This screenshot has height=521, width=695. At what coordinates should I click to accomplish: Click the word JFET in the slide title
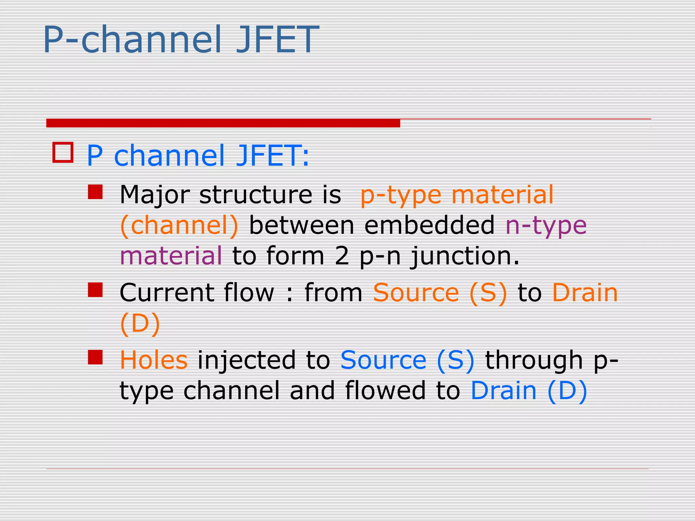pos(277,39)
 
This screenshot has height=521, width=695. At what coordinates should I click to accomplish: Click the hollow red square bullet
pos(63,153)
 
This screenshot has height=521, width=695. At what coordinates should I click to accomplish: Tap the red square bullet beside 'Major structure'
pos(95,192)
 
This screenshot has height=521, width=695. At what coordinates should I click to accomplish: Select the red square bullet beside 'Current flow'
pos(95,290)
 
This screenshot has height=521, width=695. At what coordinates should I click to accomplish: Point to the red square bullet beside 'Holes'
pos(95,357)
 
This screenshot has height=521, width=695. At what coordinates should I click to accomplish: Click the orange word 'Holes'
pos(153,360)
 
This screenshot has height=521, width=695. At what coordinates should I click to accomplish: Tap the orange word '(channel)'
pos(180,226)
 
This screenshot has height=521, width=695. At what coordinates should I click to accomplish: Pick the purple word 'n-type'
pos(546,226)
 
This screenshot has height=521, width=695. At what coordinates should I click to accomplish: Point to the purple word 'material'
pos(171,256)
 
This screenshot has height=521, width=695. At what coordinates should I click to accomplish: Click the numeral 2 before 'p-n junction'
pos(342,256)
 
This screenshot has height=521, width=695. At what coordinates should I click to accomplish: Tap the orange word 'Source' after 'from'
pos(416,293)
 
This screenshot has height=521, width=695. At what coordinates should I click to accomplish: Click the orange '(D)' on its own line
pos(140,324)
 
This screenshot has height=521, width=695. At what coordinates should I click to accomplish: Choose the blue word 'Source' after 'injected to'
pos(383,360)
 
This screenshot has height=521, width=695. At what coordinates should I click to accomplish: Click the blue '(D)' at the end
pos(567,391)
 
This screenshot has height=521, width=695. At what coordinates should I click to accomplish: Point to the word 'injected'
pos(247,361)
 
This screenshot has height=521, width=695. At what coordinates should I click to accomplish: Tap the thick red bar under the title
pos(223,123)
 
